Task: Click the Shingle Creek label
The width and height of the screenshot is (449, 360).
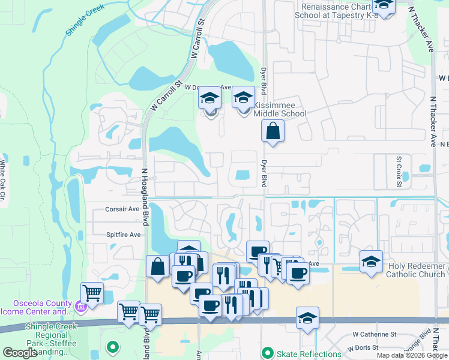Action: click(85, 19)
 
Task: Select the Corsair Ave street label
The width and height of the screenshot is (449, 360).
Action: click(122, 209)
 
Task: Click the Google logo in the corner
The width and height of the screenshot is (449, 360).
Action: click(20, 353)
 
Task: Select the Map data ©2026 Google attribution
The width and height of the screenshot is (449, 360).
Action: click(412, 355)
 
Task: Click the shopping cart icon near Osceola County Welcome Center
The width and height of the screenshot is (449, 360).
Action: click(92, 293)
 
